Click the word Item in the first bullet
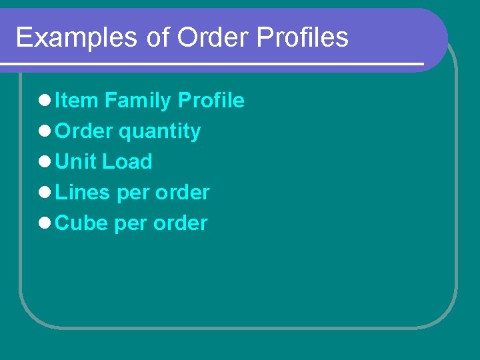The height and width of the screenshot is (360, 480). tap(77, 101)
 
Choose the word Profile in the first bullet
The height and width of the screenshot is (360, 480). tap(211, 101)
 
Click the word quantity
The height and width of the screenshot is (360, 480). tap(159, 132)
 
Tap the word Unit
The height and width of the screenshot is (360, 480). tap(76, 162)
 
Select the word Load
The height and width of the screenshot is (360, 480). tap(127, 162)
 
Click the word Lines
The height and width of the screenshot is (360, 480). tap(83, 193)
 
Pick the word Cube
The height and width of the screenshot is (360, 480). tap(82, 223)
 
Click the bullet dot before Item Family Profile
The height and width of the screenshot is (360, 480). tap(45, 101)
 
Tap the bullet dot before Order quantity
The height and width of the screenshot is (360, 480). tap(45, 132)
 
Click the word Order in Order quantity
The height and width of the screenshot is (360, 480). tap(84, 131)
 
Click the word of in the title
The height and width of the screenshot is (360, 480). tap(158, 38)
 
